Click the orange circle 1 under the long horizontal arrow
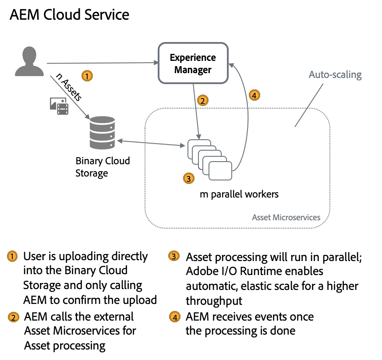tap(87, 76)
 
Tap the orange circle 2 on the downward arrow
tap(202, 101)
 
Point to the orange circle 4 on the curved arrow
tap(254, 95)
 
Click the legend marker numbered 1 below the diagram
tap(12, 256)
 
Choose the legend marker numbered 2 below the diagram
tap(13, 318)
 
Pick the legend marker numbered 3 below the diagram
tap(174, 256)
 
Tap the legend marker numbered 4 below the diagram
tap(175, 317)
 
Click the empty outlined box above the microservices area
tap(193, 63)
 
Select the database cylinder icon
tap(102, 133)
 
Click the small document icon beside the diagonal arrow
tap(60, 105)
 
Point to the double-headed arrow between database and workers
tap(149, 142)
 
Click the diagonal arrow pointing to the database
tap(70, 96)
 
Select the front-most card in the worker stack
tap(220, 170)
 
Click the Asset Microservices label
tap(286, 217)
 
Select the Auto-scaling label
tap(336, 75)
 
